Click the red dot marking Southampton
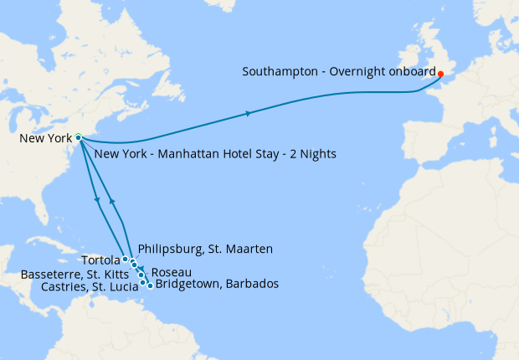440,74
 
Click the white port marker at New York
78,137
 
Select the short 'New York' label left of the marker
46,138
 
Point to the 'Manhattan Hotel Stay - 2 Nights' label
215,154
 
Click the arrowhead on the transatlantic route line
248,112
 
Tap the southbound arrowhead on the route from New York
99,199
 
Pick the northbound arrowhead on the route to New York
112,202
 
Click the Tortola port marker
126,260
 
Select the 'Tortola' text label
100,260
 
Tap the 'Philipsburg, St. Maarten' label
205,249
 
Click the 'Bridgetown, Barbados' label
218,285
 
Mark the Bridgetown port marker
150,285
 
